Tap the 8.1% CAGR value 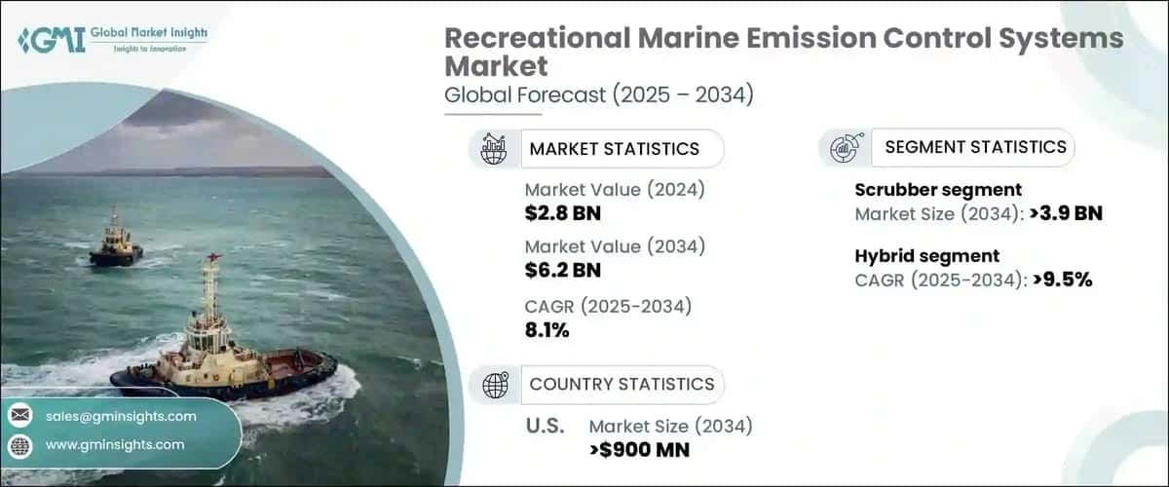tap(547, 330)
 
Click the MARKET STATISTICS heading tap(614, 149)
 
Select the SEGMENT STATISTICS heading tap(975, 147)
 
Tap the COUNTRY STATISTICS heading tap(622, 384)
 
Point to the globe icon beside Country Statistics tap(495, 385)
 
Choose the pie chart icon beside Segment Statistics tap(843, 148)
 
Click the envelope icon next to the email tap(19, 416)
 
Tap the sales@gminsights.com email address tap(121, 416)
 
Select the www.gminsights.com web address tap(114, 444)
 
